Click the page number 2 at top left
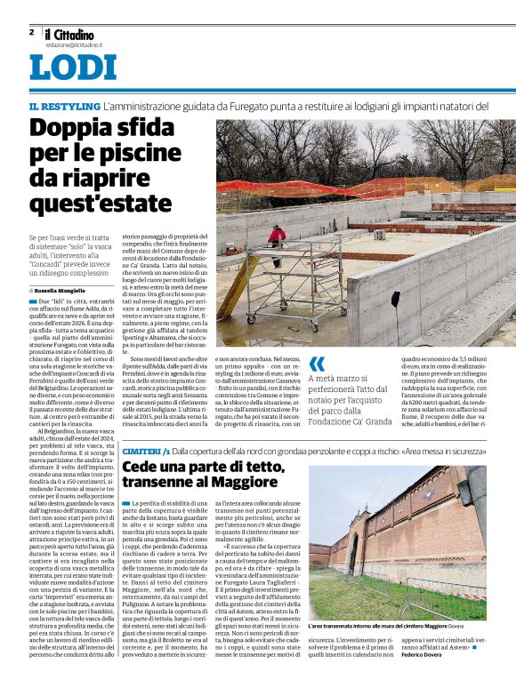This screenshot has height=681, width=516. click(x=31, y=31)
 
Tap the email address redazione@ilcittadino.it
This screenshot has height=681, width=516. click(x=74, y=44)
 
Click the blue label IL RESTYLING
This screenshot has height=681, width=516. click(x=63, y=106)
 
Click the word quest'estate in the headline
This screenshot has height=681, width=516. click(x=100, y=203)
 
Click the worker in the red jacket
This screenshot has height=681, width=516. click(x=277, y=236)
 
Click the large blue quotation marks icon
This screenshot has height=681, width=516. click(x=317, y=365)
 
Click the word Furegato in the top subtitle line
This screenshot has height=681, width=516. click(x=228, y=106)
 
